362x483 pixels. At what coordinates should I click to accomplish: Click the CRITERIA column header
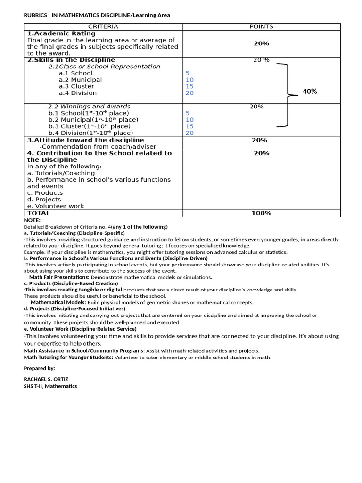pos(103,27)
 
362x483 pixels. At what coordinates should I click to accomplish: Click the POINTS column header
pos(261,27)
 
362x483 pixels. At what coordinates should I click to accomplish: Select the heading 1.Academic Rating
pos(61,33)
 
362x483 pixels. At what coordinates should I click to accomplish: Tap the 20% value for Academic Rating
pos(261,43)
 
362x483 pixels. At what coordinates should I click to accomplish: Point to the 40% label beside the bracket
pos(310,92)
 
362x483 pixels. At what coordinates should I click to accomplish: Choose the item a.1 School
pos(75,73)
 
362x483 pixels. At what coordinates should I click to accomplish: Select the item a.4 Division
pos(77,93)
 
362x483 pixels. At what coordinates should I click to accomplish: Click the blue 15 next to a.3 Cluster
pos(189,86)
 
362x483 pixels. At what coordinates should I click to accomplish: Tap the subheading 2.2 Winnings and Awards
pos(89,107)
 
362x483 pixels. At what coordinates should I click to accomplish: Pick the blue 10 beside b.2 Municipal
pos(189,120)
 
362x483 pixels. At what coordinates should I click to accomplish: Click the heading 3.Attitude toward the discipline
pos(85,140)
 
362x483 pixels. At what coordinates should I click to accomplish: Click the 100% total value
pos(261,213)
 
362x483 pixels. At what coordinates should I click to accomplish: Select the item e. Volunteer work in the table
pos(56,206)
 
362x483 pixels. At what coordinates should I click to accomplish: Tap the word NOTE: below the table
pos(32,220)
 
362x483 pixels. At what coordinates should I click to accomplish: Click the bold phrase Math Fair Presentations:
pos(59,277)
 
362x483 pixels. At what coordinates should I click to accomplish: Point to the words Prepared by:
pos(39,368)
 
